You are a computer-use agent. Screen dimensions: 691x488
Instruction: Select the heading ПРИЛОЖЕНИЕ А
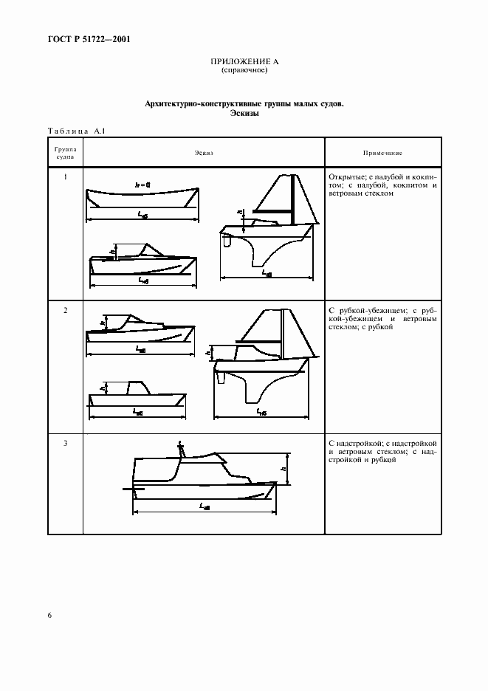pos(244,62)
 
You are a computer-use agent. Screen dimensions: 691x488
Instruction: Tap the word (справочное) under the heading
pos(244,70)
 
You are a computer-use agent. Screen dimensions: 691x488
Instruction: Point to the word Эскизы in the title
pos(244,114)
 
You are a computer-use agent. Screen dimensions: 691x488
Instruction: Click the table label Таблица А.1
pos(77,131)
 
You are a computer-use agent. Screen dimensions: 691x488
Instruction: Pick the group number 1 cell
pos(65,178)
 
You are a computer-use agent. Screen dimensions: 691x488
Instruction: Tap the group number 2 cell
pos(65,310)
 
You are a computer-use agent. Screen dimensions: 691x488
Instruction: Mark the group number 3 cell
pos(65,443)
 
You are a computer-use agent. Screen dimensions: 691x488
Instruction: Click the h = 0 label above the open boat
pos(142,184)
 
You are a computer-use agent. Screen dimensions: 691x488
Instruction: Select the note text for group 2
pos(382,319)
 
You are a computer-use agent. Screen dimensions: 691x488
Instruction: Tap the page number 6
pos(49,614)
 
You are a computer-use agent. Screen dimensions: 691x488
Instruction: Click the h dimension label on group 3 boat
pos(283,467)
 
